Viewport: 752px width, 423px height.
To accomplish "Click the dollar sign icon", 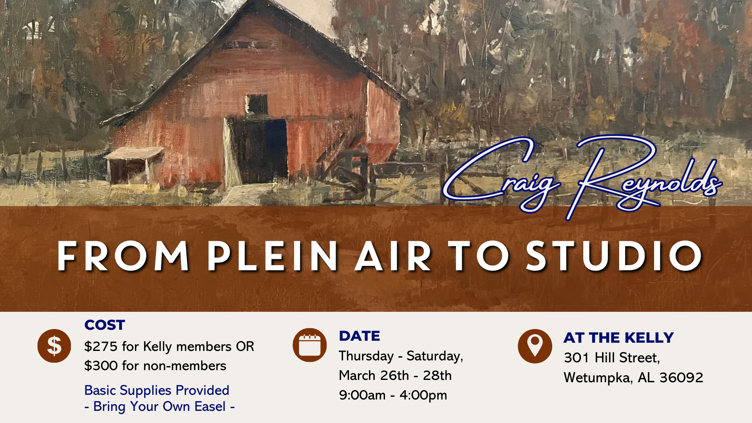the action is pos(54,346).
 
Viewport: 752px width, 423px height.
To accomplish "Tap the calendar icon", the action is pos(309,345).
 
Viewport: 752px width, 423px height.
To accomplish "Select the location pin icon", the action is pos(535,346).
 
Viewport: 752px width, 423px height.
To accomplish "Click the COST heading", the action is pos(105,325).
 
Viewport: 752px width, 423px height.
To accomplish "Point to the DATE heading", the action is pos(360,336).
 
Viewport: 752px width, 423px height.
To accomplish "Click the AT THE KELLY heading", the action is pos(618,338).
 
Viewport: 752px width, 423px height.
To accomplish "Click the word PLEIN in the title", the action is pos(273,256).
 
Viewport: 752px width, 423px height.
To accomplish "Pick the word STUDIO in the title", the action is pos(615,256).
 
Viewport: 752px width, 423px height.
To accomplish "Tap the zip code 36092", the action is pos(681,378).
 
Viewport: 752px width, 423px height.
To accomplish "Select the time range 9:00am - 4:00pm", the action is pos(393,395).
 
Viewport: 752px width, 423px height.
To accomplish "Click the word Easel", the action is pos(210,407).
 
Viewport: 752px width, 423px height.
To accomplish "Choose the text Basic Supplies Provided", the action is pos(157,390).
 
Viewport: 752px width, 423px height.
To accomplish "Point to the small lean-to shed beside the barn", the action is pos(133,164).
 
